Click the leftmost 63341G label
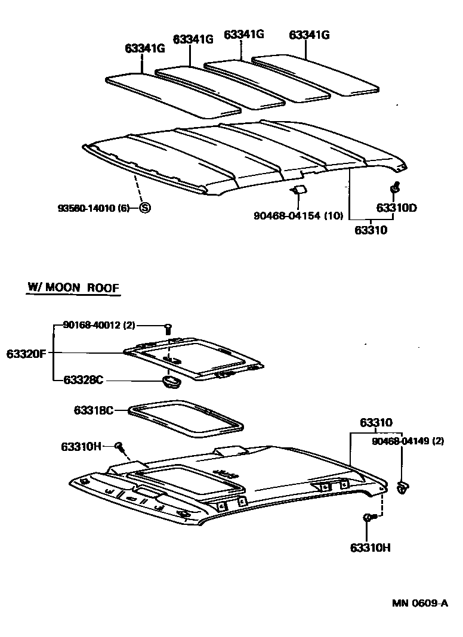(144, 48)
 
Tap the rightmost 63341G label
(309, 35)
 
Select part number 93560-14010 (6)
(94, 208)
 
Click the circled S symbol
(144, 208)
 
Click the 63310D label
(396, 208)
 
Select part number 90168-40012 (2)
(99, 325)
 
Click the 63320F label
(26, 353)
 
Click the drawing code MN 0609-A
(419, 603)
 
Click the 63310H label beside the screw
(81, 447)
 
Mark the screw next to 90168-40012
(168, 327)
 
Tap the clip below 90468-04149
(403, 487)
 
